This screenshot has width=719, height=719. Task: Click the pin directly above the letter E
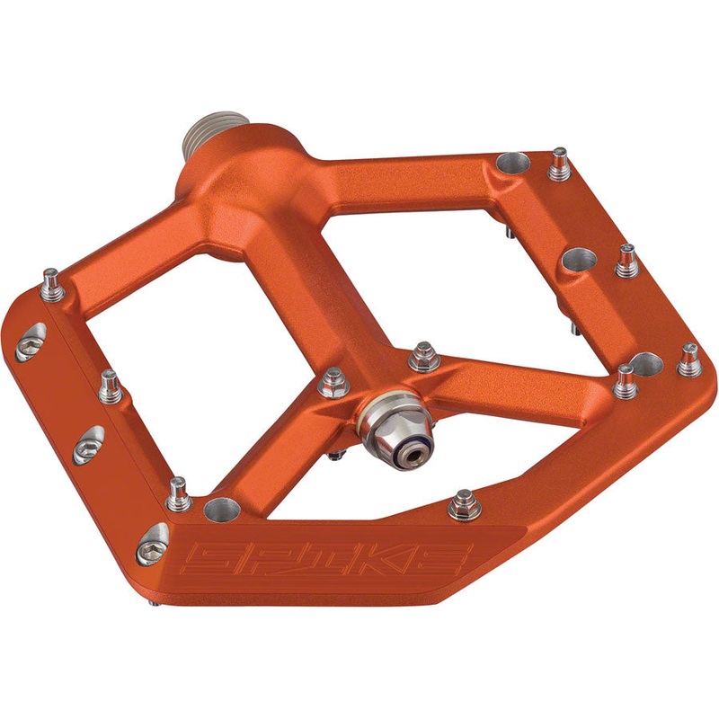point(464,504)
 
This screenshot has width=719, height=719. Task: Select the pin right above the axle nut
point(423,357)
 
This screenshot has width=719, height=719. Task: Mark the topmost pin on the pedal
point(560,163)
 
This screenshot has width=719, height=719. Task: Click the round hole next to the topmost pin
point(513,164)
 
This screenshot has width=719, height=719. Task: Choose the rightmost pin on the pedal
point(688,359)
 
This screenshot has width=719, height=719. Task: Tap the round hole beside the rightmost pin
point(645,364)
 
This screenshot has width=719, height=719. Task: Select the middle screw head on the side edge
point(87,443)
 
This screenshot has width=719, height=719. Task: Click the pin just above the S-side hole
point(179,493)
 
